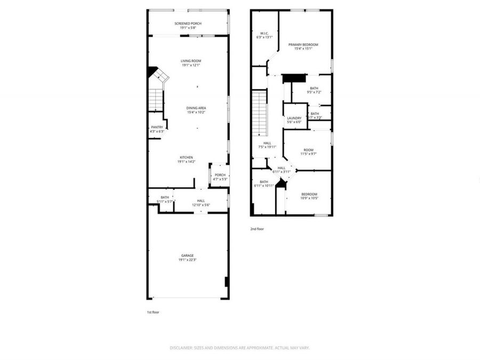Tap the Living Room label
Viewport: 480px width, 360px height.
tap(191, 61)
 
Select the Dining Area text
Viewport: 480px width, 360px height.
tap(196, 108)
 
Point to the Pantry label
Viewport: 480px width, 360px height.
tap(157, 127)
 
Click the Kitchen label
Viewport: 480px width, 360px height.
tap(186, 157)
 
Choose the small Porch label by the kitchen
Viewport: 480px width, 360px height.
tap(220, 175)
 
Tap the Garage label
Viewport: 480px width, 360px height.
tap(187, 255)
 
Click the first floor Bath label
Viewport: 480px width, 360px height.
tap(165, 197)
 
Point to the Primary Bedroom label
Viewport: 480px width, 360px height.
tap(303, 45)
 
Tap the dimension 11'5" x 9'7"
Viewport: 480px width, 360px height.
tap(308, 154)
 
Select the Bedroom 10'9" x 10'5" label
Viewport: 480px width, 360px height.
tap(309, 194)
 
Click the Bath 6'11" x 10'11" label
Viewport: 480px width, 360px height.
tap(264, 181)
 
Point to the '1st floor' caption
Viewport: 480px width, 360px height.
tap(153, 312)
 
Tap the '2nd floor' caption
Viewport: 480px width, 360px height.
tap(257, 229)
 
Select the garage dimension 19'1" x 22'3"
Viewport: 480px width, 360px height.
tap(188, 260)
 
